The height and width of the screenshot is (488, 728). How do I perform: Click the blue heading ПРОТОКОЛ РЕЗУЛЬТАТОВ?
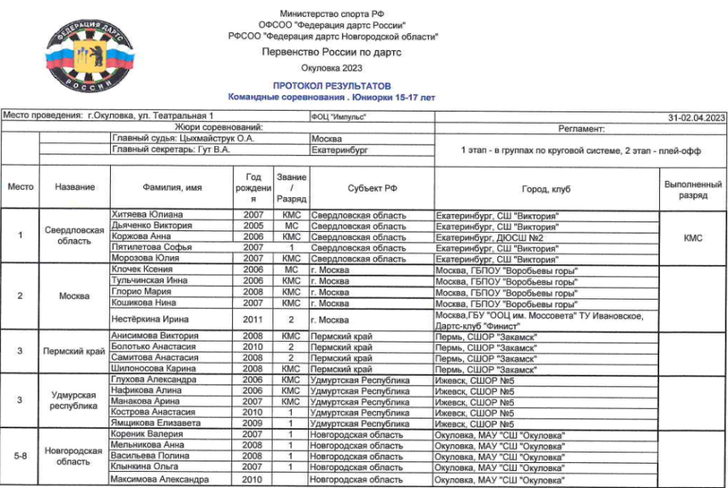click(x=332, y=86)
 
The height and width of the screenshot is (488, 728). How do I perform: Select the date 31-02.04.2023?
click(x=696, y=117)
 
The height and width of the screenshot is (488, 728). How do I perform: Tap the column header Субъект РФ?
click(x=372, y=187)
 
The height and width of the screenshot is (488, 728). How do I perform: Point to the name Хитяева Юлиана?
click(x=146, y=215)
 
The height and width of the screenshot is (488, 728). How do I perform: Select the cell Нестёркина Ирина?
click(x=148, y=320)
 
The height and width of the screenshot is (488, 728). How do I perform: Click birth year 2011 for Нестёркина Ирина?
click(x=253, y=320)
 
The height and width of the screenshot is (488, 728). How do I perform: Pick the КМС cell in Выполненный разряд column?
click(x=692, y=238)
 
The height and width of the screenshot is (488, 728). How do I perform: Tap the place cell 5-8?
click(x=20, y=456)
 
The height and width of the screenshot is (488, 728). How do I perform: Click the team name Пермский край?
click(x=74, y=351)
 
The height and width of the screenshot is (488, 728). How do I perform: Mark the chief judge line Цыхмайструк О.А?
click(x=183, y=138)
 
